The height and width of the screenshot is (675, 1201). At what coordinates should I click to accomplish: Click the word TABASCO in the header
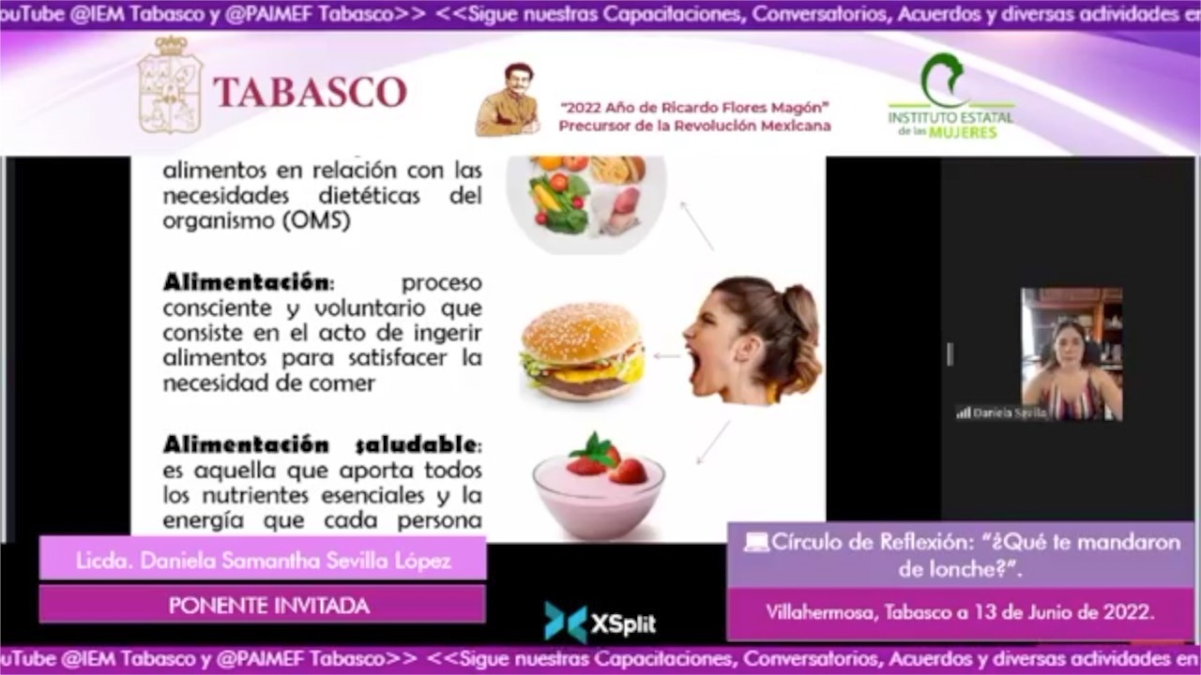[310, 92]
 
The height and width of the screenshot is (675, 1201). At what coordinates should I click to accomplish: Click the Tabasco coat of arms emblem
[170, 85]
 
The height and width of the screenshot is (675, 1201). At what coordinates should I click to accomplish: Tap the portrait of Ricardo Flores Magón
[508, 100]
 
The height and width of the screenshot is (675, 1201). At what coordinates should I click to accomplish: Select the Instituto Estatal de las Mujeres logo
[950, 97]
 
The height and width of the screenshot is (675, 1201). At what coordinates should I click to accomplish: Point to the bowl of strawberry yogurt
[599, 487]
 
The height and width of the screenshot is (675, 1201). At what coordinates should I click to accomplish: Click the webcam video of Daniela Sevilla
[1071, 354]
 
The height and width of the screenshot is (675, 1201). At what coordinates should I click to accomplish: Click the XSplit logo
[600, 623]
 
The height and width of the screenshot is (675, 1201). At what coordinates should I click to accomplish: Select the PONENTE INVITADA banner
[269, 606]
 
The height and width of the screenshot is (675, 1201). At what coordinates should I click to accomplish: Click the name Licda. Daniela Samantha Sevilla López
[264, 561]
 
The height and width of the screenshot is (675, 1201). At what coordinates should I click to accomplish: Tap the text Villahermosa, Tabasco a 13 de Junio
[959, 613]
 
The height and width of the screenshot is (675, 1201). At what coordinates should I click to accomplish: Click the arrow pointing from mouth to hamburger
[666, 356]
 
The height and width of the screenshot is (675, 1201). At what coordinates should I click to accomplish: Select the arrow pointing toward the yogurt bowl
[712, 442]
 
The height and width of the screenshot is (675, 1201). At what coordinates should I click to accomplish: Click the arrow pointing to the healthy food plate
[696, 226]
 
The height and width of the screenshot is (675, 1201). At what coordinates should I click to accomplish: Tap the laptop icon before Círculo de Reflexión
[756, 542]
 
